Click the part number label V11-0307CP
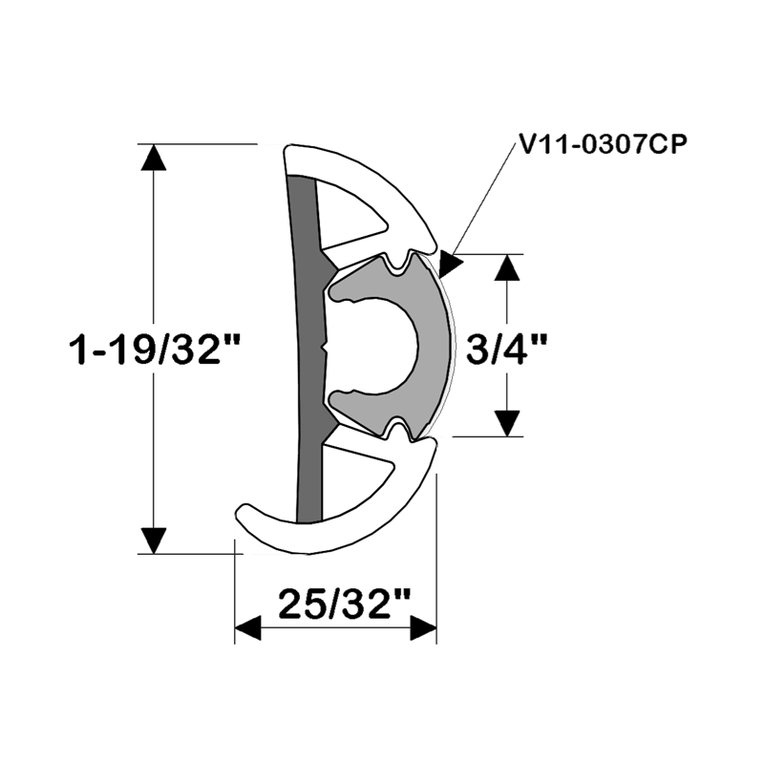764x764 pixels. (x=604, y=143)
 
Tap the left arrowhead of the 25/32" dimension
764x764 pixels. (x=248, y=628)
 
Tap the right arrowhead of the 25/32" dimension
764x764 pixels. (x=423, y=628)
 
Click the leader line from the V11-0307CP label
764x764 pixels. (x=487, y=201)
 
